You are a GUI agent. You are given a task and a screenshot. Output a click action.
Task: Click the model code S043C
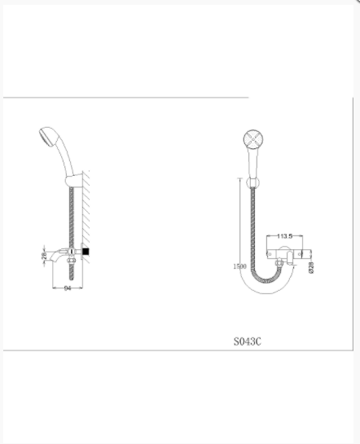click(248, 341)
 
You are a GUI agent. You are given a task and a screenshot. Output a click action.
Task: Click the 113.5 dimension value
click(284, 236)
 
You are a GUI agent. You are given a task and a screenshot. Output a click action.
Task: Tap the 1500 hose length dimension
click(239, 266)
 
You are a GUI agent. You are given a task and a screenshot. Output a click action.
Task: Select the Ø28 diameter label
click(311, 267)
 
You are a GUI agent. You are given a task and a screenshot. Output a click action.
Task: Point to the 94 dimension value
click(68, 288)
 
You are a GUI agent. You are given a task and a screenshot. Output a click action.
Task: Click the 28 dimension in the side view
click(44, 256)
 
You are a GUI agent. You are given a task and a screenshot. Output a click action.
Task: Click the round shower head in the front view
click(253, 139)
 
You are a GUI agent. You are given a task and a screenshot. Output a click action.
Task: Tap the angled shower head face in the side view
click(45, 138)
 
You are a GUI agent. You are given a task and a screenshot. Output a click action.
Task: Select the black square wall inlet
click(86, 251)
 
